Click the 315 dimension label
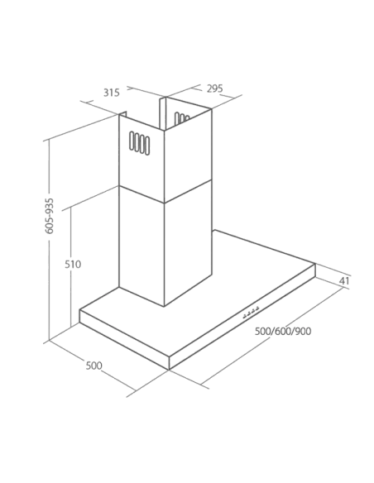[x=111, y=93]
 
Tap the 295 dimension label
[x=214, y=88]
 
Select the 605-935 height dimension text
[x=50, y=216]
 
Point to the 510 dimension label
[x=73, y=265]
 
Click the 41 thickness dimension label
[x=344, y=281]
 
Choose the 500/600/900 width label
[x=283, y=332]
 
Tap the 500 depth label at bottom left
[x=93, y=366]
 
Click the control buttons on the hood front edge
[x=251, y=312]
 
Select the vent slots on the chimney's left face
[x=139, y=143]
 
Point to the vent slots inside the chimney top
[x=182, y=118]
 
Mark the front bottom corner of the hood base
[x=169, y=370]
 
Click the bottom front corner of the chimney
[x=164, y=306]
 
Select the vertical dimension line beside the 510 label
[x=71, y=267]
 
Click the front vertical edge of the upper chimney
[x=164, y=166]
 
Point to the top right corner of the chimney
[x=211, y=108]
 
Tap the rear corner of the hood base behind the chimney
[x=214, y=230]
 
